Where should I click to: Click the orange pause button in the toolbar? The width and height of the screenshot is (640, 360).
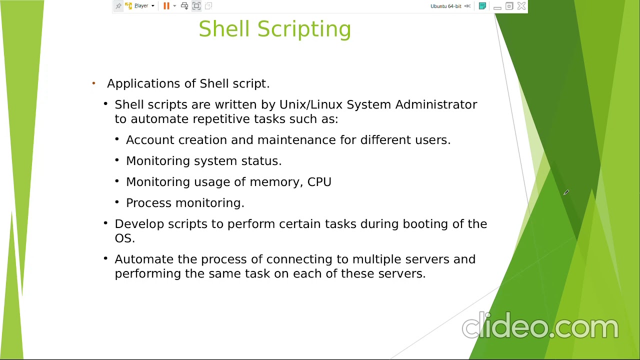click(x=166, y=6)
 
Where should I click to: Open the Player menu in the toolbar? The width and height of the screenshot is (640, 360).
click(x=141, y=6)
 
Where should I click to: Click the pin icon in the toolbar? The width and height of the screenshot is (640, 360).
click(x=118, y=6)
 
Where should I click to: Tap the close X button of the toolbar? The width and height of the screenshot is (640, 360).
click(x=521, y=6)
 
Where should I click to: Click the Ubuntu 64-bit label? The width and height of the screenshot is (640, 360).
click(x=445, y=6)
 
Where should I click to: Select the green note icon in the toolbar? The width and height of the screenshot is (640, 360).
click(x=482, y=6)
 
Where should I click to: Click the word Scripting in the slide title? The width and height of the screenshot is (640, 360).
click(x=304, y=29)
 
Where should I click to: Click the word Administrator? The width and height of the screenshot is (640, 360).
click(x=436, y=104)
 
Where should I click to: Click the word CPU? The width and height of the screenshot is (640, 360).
click(x=319, y=182)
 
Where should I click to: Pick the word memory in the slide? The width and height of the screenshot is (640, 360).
click(x=274, y=182)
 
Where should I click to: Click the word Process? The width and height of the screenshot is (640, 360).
click(x=146, y=203)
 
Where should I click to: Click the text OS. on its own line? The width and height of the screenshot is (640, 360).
click(x=124, y=238)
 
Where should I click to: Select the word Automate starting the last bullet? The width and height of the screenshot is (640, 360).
click(x=144, y=259)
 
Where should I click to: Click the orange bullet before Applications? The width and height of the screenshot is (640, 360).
click(x=93, y=83)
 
